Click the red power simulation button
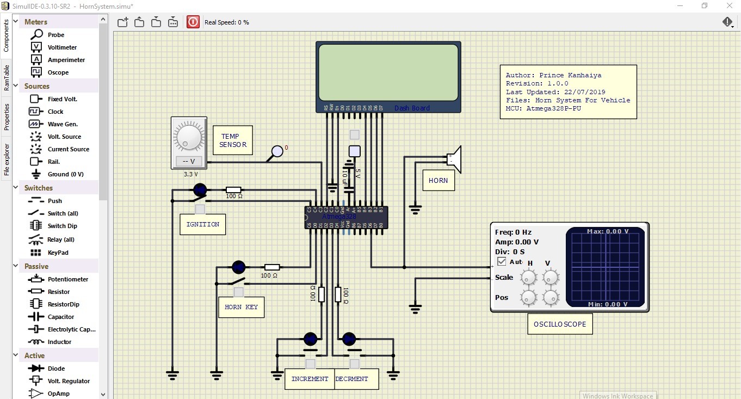pos(193,22)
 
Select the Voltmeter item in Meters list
pos(62,47)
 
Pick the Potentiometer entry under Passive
pos(67,279)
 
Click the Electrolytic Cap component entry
pos(71,329)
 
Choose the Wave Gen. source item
pos(63,124)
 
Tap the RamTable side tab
pos(7,77)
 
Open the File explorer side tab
pos(7,160)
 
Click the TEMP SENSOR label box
pos(233,140)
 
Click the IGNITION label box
pos(203,224)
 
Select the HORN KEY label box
pos(241,307)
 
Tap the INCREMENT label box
pos(310,379)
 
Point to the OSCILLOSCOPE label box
pos(560,324)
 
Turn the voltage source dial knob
pos(188,136)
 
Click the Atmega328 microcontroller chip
pos(346,217)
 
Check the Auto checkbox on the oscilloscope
pos(502,262)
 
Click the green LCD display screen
pos(388,72)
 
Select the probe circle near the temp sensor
pos(277,151)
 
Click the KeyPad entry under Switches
pos(57,253)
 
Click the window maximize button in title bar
pos(705,6)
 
